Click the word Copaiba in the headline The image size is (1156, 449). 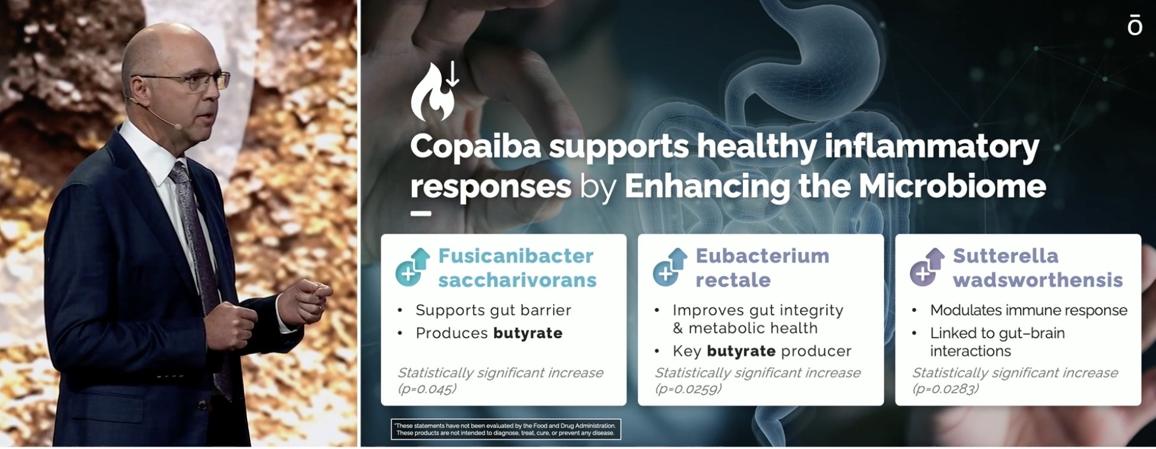coord(476,146)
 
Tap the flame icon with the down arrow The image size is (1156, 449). coord(434,92)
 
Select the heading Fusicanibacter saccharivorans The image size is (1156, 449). coord(517,267)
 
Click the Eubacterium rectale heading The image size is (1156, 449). coord(762,267)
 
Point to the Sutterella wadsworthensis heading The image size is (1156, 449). coord(1038,267)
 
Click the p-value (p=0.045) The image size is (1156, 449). coord(427,389)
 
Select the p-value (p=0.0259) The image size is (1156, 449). coord(688,389)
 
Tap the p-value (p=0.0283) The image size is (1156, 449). coord(946,389)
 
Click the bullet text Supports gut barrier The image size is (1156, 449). coord(493,310)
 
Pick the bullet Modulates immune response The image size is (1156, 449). coord(1029,310)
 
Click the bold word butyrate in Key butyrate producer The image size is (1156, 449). coord(741,351)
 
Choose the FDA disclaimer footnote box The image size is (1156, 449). coord(506,429)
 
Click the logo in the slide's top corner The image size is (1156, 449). coord(1135,26)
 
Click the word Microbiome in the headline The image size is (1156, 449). coord(952,186)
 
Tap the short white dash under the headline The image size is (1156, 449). coord(421,214)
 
